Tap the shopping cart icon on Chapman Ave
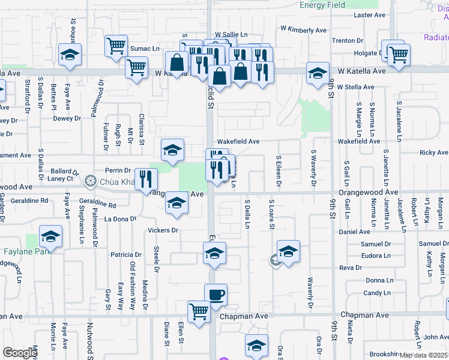(x=199, y=311)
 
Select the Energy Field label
(x=322, y=5)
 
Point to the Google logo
(x=20, y=352)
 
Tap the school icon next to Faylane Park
(x=51, y=238)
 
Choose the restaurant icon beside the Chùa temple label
(x=146, y=179)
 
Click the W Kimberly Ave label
(x=303, y=30)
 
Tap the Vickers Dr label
(x=163, y=230)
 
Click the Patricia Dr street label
(x=125, y=255)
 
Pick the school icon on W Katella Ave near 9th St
(x=318, y=74)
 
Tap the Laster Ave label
(x=369, y=15)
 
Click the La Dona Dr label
(x=121, y=219)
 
